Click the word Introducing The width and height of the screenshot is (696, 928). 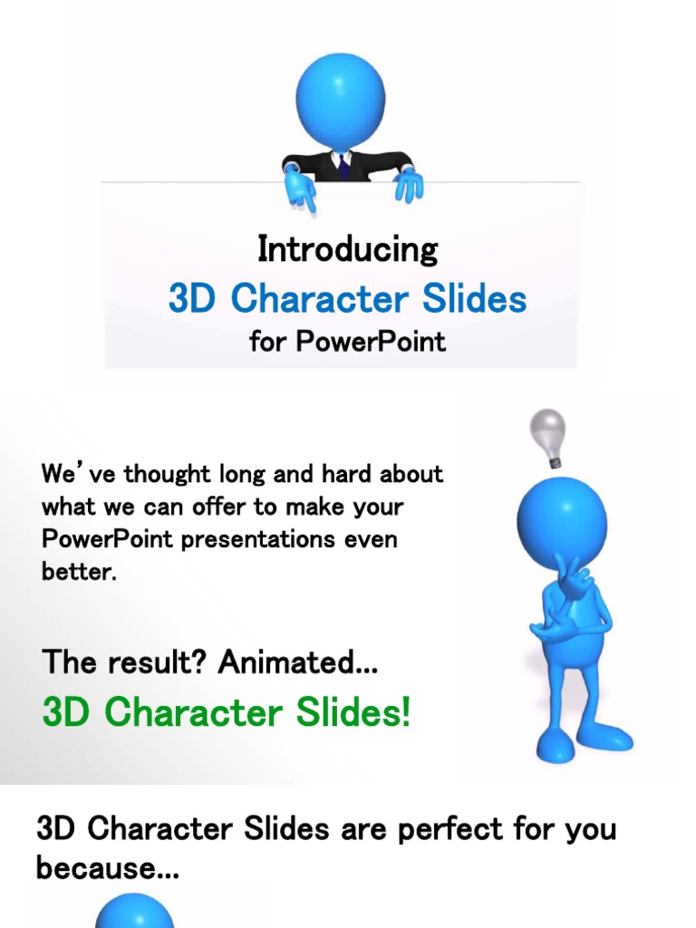[347, 249]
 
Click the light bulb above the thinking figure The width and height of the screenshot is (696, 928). [547, 431]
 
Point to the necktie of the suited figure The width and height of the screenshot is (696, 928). [343, 165]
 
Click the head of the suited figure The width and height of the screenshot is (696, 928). [340, 100]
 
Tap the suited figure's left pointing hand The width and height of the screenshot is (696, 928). [299, 188]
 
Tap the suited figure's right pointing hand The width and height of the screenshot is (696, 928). [408, 184]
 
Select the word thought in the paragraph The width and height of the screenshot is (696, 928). [166, 474]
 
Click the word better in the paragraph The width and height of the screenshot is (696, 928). [78, 573]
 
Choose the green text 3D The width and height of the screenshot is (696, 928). [67, 712]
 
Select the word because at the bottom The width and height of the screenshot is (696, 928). [106, 868]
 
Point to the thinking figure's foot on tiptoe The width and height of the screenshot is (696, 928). [554, 747]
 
